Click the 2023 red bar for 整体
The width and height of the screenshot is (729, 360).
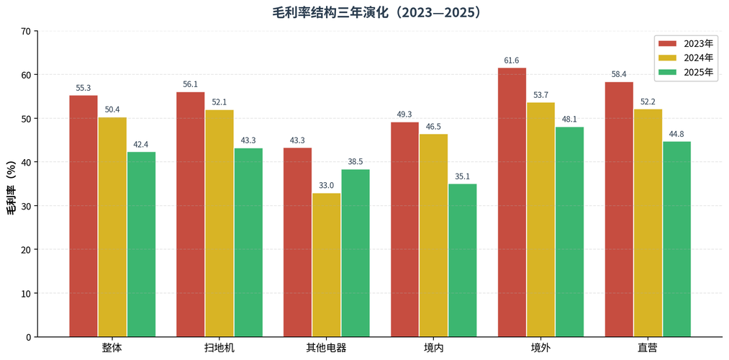click(x=83, y=216)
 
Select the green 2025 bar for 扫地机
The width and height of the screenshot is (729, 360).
click(x=248, y=243)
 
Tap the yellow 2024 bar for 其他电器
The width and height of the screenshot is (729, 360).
click(x=327, y=265)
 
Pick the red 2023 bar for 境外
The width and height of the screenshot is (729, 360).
click(x=512, y=202)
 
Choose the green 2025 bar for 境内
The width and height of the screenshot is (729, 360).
click(x=463, y=260)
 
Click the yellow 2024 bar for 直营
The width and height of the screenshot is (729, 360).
click(x=648, y=222)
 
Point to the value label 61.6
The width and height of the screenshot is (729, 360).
click(x=512, y=60)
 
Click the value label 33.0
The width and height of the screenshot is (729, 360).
click(x=327, y=186)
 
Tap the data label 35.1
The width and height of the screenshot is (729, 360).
click(x=463, y=176)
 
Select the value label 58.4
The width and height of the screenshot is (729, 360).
click(x=619, y=75)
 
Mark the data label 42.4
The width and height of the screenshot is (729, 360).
click(x=141, y=145)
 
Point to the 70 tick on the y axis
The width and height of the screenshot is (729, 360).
click(x=26, y=32)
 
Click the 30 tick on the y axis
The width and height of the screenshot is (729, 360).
click(x=26, y=207)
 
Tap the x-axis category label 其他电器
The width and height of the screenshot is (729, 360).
click(x=326, y=348)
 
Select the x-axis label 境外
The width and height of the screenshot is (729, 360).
click(x=540, y=348)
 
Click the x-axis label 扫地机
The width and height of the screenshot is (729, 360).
click(x=219, y=348)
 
